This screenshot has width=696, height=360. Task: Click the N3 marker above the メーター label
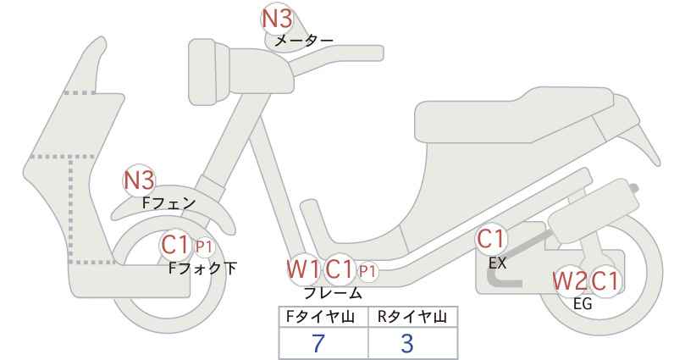point(277,19)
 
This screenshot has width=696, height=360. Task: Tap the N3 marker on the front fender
point(139,180)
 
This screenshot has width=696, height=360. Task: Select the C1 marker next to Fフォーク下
point(177,244)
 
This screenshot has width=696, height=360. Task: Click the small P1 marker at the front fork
point(204,246)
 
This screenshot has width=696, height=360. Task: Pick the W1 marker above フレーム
point(304,269)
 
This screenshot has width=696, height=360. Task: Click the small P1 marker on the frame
point(367,271)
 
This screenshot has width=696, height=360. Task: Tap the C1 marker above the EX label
point(491,239)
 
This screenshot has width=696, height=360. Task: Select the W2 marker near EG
point(570,281)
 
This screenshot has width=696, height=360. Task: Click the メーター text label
point(304,41)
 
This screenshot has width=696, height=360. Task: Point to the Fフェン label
point(169,203)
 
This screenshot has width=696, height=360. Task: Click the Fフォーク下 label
point(203,269)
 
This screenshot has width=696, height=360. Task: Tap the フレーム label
point(333,293)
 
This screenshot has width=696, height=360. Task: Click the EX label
point(497,263)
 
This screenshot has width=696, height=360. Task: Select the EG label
point(583,304)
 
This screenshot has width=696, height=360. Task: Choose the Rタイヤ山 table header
point(412,317)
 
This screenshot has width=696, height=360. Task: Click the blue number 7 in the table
point(318,343)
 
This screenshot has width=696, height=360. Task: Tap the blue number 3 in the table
point(407,343)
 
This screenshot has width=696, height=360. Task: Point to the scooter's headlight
point(208,72)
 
